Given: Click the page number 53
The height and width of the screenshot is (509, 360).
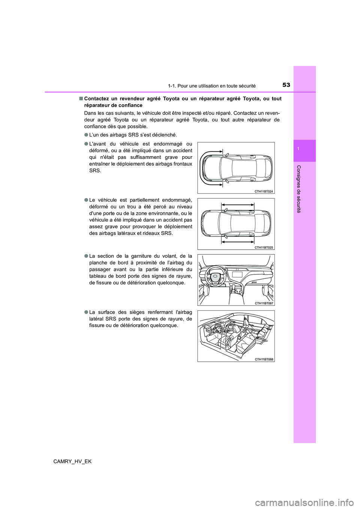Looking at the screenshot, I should [x=286, y=85].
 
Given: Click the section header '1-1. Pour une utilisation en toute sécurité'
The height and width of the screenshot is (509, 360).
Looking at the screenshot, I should [x=212, y=86].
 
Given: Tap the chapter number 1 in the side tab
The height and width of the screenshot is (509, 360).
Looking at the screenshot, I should [x=298, y=149].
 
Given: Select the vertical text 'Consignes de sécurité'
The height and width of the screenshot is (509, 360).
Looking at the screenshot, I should [x=298, y=189].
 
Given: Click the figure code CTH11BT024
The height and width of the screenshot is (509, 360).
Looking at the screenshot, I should [x=264, y=191].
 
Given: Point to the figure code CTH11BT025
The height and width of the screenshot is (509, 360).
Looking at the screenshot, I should [x=264, y=247].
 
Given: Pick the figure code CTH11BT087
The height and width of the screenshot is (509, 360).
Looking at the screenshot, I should [x=264, y=303].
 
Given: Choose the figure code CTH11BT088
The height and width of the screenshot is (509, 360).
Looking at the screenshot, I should [x=264, y=359].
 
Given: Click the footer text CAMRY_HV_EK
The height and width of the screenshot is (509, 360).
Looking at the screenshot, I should [x=72, y=461].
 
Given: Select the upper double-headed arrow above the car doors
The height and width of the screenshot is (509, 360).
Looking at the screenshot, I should [x=237, y=205].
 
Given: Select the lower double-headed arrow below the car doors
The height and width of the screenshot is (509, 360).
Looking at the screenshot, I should [x=237, y=242].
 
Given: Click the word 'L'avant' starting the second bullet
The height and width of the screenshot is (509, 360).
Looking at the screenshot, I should [x=98, y=144].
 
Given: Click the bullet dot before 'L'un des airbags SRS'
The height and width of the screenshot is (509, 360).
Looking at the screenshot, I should [x=86, y=135].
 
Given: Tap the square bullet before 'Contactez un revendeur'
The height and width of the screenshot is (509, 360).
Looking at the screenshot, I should [x=81, y=99].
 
